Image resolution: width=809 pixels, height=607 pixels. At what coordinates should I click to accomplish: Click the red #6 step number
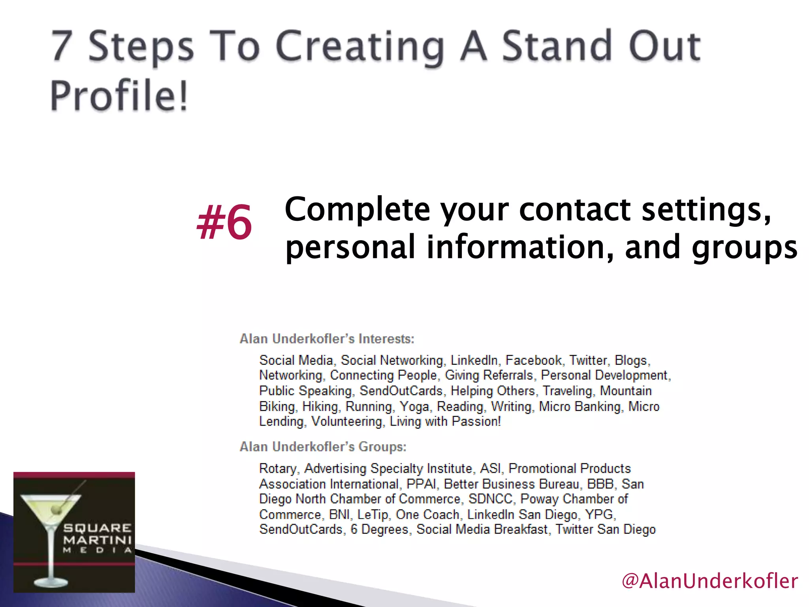(224, 222)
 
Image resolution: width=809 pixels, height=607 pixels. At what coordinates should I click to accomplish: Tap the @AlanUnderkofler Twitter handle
(709, 581)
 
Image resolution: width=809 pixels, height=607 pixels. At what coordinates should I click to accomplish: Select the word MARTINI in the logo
(97, 539)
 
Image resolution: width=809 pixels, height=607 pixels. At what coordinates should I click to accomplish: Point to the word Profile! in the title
(119, 96)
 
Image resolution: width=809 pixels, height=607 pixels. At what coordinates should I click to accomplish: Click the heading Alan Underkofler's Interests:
(327, 339)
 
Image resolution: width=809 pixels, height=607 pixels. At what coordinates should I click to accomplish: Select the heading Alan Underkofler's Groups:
(323, 447)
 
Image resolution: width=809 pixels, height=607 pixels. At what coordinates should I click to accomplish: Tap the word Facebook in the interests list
(534, 360)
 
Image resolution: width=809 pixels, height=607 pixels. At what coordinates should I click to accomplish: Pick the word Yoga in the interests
(414, 406)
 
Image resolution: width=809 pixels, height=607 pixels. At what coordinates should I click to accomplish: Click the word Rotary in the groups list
(277, 468)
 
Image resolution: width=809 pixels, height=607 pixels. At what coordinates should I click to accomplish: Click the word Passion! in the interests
(476, 421)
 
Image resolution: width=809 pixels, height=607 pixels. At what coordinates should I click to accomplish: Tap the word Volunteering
(346, 422)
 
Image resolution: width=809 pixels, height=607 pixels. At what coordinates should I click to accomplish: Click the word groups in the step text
(745, 247)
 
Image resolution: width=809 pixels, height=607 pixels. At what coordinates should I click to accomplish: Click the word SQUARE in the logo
(97, 528)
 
